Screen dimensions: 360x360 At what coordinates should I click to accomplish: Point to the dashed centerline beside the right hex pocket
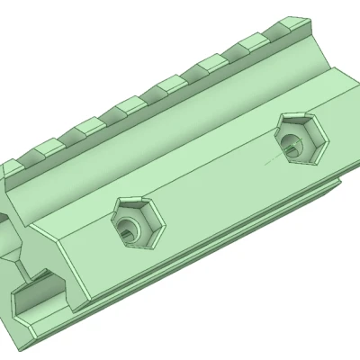[x=266, y=163]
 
